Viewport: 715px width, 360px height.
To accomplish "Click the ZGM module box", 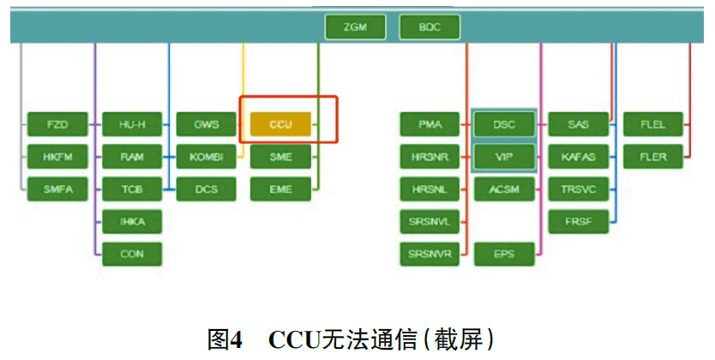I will pyautogui.click(x=355, y=27).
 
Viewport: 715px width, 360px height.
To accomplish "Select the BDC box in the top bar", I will pyautogui.click(x=430, y=27).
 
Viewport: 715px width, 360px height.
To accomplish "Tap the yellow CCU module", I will pyautogui.click(x=280, y=124).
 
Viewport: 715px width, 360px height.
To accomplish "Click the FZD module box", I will pyautogui.click(x=57, y=124).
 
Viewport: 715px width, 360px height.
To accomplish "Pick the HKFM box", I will pyautogui.click(x=57, y=157).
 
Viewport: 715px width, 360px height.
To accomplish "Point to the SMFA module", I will pyautogui.click(x=57, y=189).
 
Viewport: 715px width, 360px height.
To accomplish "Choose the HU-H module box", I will pyautogui.click(x=132, y=124).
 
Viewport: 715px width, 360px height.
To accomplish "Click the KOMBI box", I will pyautogui.click(x=207, y=157).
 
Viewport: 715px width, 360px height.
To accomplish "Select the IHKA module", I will pyautogui.click(x=132, y=221).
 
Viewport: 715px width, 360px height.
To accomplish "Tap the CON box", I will pyautogui.click(x=132, y=254).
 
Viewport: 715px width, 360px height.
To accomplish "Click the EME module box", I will pyautogui.click(x=280, y=189).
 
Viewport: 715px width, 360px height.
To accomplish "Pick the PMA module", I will pyautogui.click(x=430, y=124).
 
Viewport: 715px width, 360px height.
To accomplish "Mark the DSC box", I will pyautogui.click(x=504, y=124).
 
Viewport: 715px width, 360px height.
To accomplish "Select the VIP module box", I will pyautogui.click(x=504, y=157).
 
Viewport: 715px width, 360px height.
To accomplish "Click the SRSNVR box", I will pyautogui.click(x=430, y=254).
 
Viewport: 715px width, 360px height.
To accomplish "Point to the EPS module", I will pyautogui.click(x=504, y=254).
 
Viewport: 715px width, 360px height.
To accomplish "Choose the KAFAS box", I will pyautogui.click(x=579, y=157).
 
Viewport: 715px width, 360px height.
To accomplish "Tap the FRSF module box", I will pyautogui.click(x=579, y=221).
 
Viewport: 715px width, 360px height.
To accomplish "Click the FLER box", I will pyautogui.click(x=652, y=157).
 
